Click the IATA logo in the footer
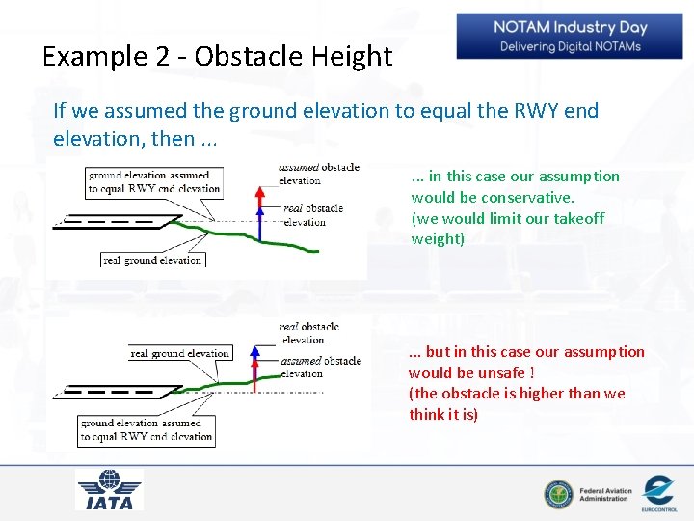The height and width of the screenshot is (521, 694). pyautogui.click(x=109, y=490)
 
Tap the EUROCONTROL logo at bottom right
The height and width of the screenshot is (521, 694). pyautogui.click(x=659, y=493)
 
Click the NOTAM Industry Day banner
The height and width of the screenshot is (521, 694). pyautogui.click(x=570, y=37)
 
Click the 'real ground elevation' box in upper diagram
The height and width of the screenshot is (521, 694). pyautogui.click(x=153, y=260)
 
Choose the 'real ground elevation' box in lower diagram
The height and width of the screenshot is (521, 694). pyautogui.click(x=180, y=354)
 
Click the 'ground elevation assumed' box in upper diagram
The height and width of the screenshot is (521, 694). pyautogui.click(x=154, y=182)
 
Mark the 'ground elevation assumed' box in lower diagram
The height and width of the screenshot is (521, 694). pyautogui.click(x=147, y=429)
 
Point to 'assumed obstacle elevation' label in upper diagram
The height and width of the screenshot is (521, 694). pyautogui.click(x=318, y=174)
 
